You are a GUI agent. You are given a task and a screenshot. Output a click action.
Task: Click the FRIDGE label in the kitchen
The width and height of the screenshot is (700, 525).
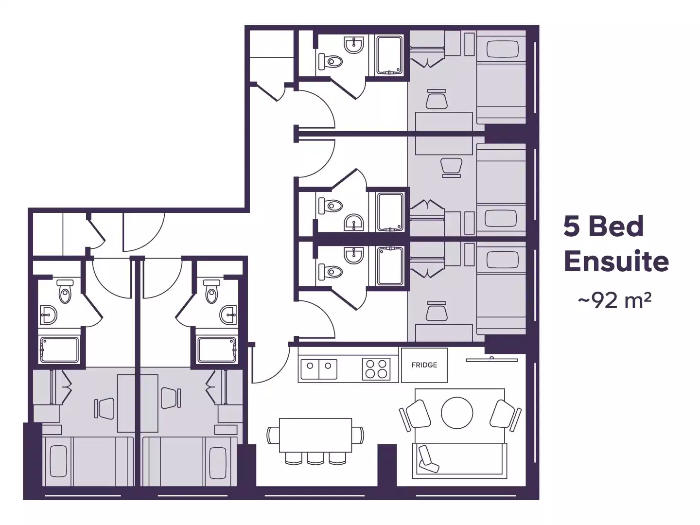[424, 365]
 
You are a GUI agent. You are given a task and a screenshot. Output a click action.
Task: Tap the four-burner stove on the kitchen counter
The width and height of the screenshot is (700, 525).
[376, 368]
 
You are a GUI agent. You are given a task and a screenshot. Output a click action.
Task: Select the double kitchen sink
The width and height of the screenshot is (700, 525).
[318, 368]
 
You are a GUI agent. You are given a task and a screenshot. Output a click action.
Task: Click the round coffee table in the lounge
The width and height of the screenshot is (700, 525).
[457, 413]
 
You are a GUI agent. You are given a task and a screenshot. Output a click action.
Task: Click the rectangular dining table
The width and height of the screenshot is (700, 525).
[315, 435]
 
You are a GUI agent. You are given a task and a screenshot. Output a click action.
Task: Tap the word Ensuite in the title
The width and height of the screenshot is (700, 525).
[616, 262]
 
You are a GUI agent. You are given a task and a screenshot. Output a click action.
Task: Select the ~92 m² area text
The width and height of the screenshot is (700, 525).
[614, 301]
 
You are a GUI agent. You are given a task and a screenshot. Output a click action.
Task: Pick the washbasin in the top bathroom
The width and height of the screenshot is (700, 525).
[353, 45]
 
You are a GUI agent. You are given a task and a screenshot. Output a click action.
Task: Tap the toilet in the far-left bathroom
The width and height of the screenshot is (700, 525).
[64, 292]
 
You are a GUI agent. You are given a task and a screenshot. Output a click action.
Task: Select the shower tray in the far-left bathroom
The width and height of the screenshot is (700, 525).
[58, 350]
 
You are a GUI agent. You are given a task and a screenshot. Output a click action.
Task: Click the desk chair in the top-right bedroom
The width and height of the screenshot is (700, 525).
[436, 99]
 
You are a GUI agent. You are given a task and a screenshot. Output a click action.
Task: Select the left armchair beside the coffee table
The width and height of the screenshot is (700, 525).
[417, 414]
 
